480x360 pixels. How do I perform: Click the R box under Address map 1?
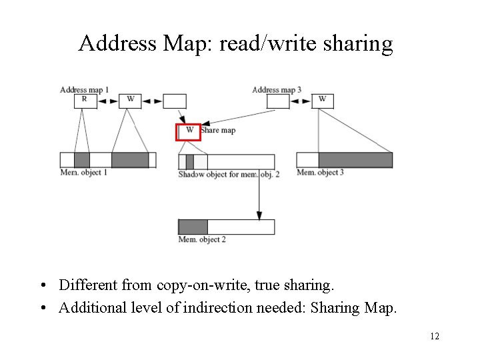point(85,101)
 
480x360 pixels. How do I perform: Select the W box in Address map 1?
point(130,101)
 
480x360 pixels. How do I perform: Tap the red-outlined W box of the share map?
point(188,131)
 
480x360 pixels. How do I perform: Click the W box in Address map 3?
point(322,101)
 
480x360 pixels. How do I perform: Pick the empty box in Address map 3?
point(278,101)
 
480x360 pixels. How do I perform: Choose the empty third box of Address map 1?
point(175,101)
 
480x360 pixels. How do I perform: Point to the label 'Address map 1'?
point(84,89)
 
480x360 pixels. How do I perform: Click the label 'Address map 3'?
point(277,89)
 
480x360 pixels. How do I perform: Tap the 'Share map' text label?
point(218,130)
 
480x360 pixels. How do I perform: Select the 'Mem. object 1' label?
point(84,173)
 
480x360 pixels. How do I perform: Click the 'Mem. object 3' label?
point(320,173)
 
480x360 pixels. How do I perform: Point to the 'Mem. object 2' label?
point(202,239)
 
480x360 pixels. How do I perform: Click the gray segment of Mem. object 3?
point(355,160)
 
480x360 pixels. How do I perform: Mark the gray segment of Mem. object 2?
point(193,227)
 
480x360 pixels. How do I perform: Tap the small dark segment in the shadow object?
point(189,161)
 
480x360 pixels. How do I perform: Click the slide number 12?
point(434,337)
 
